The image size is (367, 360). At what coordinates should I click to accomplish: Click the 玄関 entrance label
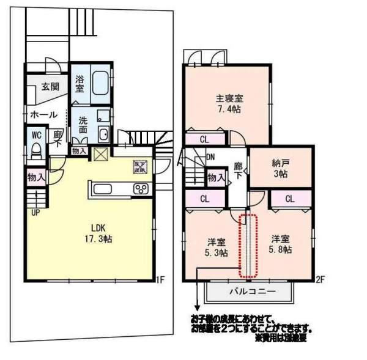click(50, 87)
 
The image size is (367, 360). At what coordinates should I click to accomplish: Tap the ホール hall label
click(43, 114)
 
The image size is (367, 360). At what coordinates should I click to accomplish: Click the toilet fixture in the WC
click(35, 150)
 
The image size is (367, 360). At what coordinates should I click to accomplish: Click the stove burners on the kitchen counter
click(140, 189)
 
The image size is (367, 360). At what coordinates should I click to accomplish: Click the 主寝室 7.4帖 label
click(229, 103)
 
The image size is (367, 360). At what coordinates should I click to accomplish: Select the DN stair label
click(210, 157)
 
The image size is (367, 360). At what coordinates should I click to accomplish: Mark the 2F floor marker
click(320, 280)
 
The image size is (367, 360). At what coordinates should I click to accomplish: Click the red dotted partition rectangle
click(247, 245)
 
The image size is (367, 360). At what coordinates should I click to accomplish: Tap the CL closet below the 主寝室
click(205, 139)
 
